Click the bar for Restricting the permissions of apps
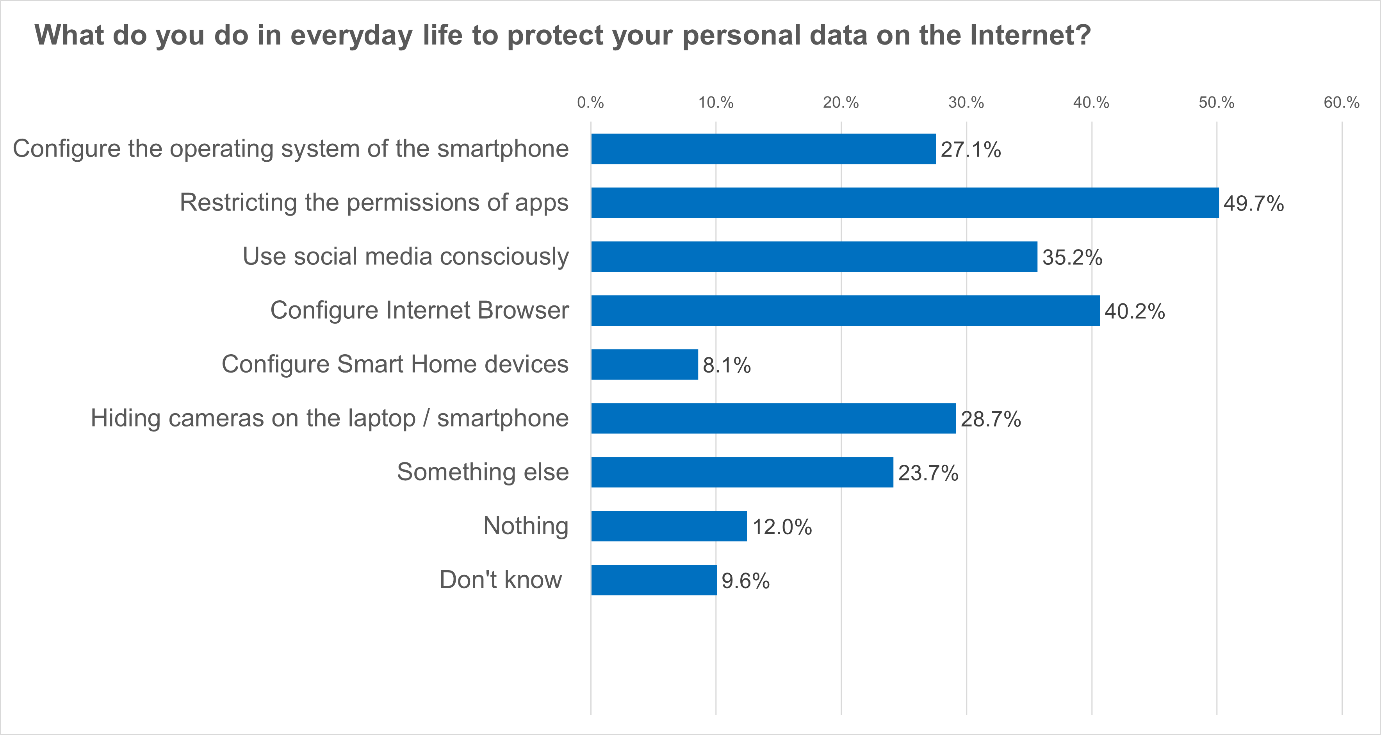pyautogui.click(x=904, y=203)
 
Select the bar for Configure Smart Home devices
pyautogui.click(x=644, y=364)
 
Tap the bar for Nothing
pyautogui.click(x=668, y=526)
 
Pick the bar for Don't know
pyautogui.click(x=654, y=580)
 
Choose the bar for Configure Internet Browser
pyautogui.click(x=845, y=310)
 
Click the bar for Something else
pyautogui.click(x=742, y=472)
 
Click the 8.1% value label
pyautogui.click(x=726, y=366)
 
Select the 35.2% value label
pyautogui.click(x=1072, y=258)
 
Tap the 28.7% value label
pyautogui.click(x=991, y=419)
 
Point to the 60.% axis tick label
pyautogui.click(x=1341, y=102)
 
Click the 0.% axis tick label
pyautogui.click(x=590, y=102)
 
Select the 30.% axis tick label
pyautogui.click(x=966, y=102)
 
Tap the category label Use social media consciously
pyautogui.click(x=405, y=256)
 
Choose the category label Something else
pyautogui.click(x=483, y=472)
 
